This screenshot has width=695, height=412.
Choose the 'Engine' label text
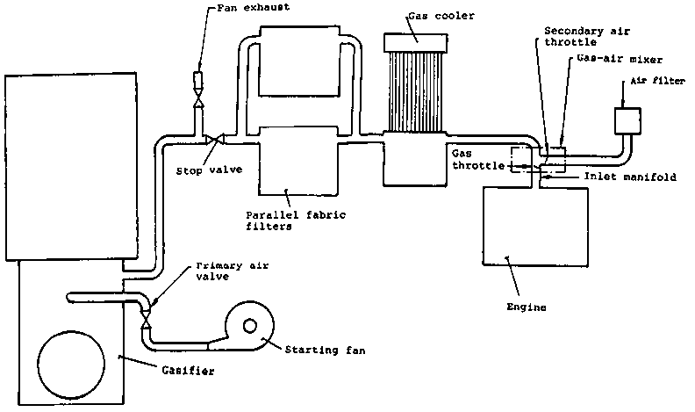click(527, 307)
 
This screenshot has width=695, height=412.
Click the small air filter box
click(628, 119)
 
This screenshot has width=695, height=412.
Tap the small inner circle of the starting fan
click(251, 326)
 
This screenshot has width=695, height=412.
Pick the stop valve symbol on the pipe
click(213, 139)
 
